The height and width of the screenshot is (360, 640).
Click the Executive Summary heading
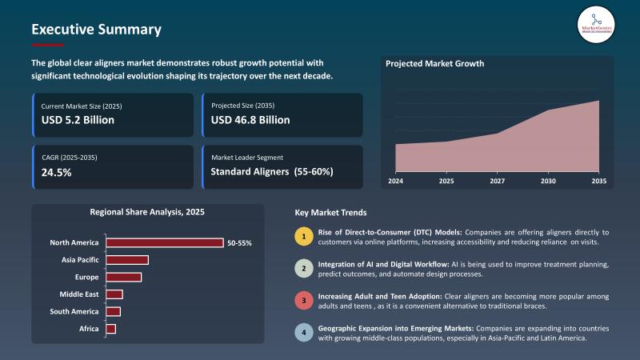click(x=96, y=30)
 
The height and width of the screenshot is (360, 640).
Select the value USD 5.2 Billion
click(x=78, y=120)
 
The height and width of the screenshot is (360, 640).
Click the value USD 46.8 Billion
click(x=250, y=120)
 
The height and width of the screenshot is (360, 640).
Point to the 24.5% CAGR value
click(x=57, y=172)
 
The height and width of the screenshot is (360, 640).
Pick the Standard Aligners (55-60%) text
click(x=272, y=172)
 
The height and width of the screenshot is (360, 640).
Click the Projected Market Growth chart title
click(x=434, y=63)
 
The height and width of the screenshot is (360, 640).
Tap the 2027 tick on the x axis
click(x=497, y=182)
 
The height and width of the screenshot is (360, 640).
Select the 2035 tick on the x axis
click(x=598, y=182)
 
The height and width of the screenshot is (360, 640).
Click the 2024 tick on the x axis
click(x=395, y=182)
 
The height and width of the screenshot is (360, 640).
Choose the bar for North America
click(x=165, y=242)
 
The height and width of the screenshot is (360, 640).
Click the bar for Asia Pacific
click(x=127, y=260)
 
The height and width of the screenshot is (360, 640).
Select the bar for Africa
click(x=111, y=329)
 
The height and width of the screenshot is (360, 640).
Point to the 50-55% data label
click(x=239, y=242)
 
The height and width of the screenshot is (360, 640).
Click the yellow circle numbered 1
click(x=302, y=236)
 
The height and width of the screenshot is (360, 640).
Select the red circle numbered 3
click(x=302, y=301)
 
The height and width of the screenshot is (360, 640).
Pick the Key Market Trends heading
click(x=331, y=213)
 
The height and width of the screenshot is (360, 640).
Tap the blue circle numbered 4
click(x=302, y=333)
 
